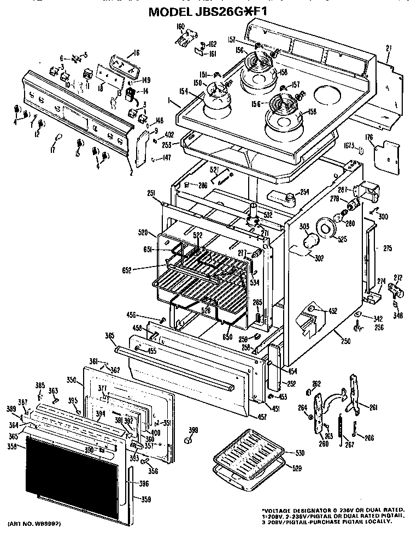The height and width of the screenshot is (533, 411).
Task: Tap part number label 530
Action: (298, 453)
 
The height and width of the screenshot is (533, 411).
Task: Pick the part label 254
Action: (304, 192)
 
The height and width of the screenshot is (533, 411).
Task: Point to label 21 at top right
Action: (388, 49)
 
